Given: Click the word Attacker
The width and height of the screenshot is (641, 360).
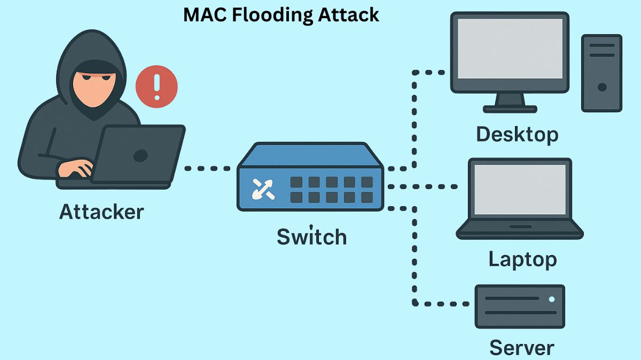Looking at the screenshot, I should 101,212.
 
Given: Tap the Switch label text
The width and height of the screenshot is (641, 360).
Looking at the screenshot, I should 311,237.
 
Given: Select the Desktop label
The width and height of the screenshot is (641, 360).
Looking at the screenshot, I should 517,134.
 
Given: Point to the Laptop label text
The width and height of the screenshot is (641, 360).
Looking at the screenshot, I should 522,260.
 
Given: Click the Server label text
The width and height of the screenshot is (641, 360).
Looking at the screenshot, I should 521,348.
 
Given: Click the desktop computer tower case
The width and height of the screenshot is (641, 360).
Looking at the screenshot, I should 601,73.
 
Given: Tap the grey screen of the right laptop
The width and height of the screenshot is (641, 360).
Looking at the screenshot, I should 520,189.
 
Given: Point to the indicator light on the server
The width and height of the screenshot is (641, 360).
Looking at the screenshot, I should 552,300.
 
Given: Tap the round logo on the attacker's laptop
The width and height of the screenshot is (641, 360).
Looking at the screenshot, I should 140,155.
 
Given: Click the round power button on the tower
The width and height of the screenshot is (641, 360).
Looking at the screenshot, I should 602,87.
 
